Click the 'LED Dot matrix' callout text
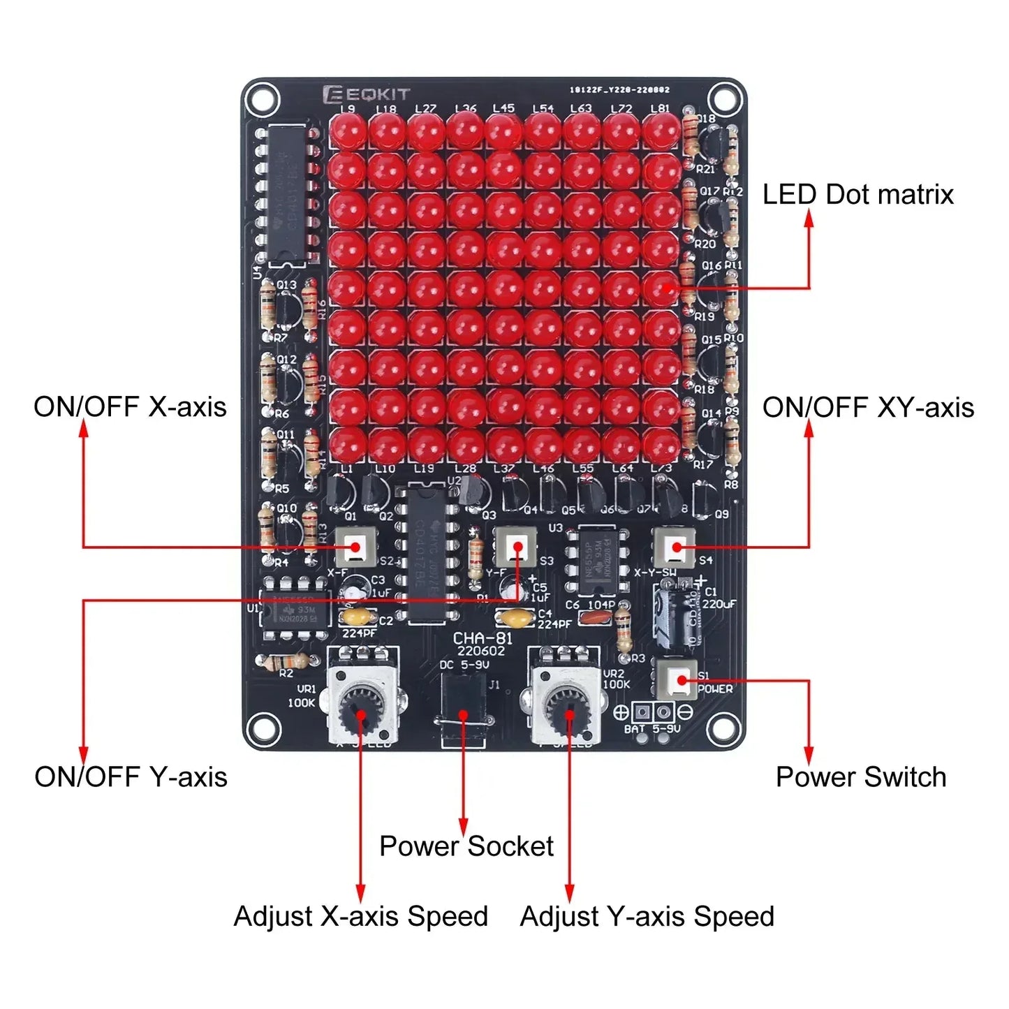click(x=857, y=195)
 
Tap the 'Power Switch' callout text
click(x=861, y=777)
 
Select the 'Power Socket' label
click(x=466, y=846)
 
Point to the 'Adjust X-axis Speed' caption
click(x=360, y=917)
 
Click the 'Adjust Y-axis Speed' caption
click(x=647, y=917)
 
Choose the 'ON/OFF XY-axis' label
click(x=868, y=407)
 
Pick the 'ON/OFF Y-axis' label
click(x=131, y=777)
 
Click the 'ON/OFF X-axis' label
click(x=130, y=407)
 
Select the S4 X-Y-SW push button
click(x=675, y=547)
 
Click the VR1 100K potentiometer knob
click(x=361, y=709)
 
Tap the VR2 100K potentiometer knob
click(x=567, y=709)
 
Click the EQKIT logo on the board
click(x=367, y=94)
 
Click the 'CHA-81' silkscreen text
click(x=482, y=638)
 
